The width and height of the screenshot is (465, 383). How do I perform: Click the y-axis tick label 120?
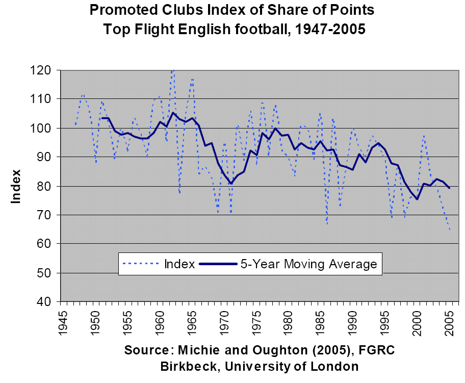(x=45, y=70)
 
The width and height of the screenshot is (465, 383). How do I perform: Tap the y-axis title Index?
(x=16, y=186)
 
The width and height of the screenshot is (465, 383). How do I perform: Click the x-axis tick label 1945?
(x=63, y=321)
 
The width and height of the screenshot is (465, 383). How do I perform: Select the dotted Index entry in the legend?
(x=158, y=264)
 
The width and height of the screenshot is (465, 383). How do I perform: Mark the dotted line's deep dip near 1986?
(x=327, y=224)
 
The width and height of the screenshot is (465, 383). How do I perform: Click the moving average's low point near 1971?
(x=231, y=184)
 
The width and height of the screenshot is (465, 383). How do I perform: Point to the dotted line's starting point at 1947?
(x=75, y=124)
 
